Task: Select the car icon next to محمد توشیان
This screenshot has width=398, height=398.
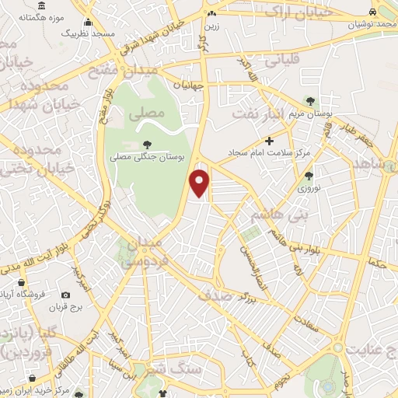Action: tap(373, 12)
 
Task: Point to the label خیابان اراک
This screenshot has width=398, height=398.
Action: tap(291, 10)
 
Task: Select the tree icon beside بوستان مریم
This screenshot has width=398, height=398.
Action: tap(310, 101)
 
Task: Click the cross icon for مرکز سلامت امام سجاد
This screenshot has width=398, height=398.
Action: tap(270, 141)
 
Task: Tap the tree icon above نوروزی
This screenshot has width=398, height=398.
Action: tap(309, 176)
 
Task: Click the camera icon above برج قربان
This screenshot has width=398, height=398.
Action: tap(65, 295)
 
